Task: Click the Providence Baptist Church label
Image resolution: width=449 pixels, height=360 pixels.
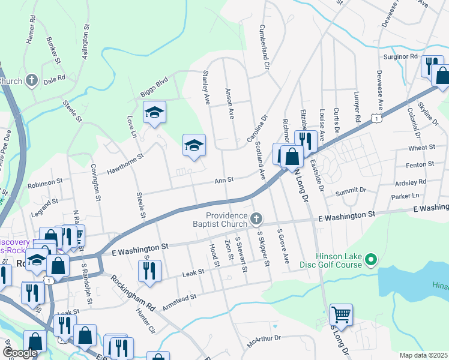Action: pos(227,221)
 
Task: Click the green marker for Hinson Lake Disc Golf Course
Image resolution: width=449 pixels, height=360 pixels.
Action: pos(371,260)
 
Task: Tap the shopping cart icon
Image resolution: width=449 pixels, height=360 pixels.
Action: pos(341,314)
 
